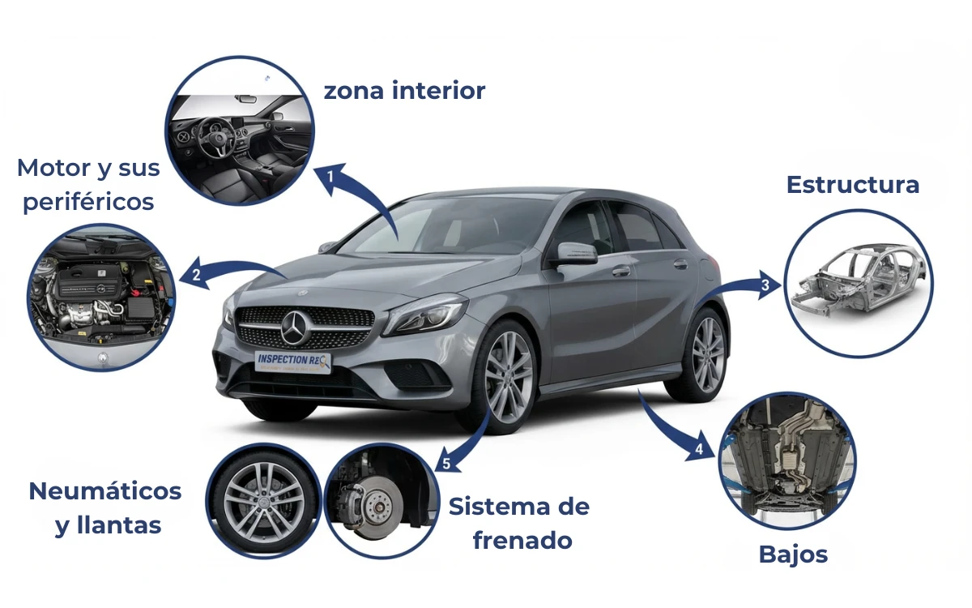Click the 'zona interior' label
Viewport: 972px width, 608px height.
click(x=404, y=90)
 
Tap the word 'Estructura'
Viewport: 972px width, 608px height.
click(x=853, y=185)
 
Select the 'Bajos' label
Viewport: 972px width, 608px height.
click(x=793, y=554)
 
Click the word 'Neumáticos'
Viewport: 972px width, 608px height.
click(x=105, y=491)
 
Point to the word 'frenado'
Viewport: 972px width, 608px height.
click(x=522, y=541)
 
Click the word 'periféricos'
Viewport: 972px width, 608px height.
click(x=88, y=202)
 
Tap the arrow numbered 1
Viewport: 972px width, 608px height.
click(x=356, y=195)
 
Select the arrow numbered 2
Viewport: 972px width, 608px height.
click(x=231, y=272)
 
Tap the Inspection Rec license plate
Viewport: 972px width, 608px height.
click(x=292, y=362)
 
